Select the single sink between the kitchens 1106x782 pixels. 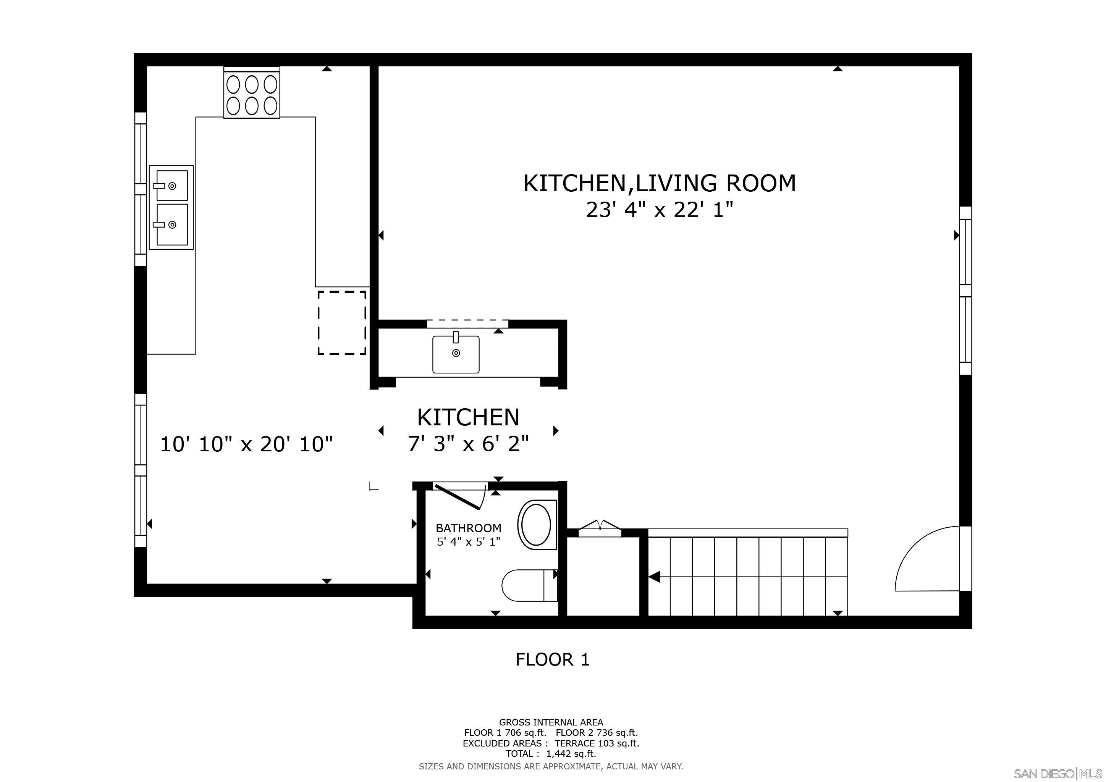coord(456,354)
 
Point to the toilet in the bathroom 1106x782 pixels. coord(529,585)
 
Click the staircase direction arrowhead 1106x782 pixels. coord(654,577)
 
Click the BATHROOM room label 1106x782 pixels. coord(468,528)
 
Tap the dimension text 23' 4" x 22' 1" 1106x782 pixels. coord(660,210)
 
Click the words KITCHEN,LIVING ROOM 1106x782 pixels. coord(660,183)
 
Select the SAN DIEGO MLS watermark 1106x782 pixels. coord(1058,773)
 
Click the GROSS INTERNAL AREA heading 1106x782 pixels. coord(551,722)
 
